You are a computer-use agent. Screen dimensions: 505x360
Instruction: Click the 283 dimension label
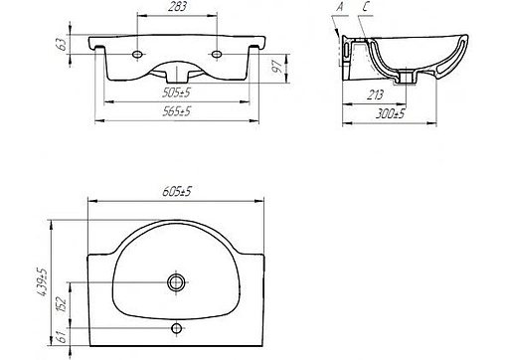pos(177,7)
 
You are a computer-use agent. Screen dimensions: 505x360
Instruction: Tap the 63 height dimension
pos(63,44)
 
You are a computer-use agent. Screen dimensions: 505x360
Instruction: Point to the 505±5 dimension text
pos(176,92)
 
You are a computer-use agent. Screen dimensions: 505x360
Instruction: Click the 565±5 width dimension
pos(177,111)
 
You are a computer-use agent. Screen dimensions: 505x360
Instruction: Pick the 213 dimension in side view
pos(375,95)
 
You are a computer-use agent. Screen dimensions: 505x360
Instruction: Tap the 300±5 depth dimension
pos(390,114)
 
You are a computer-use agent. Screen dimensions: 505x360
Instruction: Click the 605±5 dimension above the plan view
pos(177,191)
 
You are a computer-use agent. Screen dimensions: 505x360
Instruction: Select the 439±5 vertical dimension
pos(43,282)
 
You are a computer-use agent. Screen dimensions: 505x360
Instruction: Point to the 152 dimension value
pos(63,304)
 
